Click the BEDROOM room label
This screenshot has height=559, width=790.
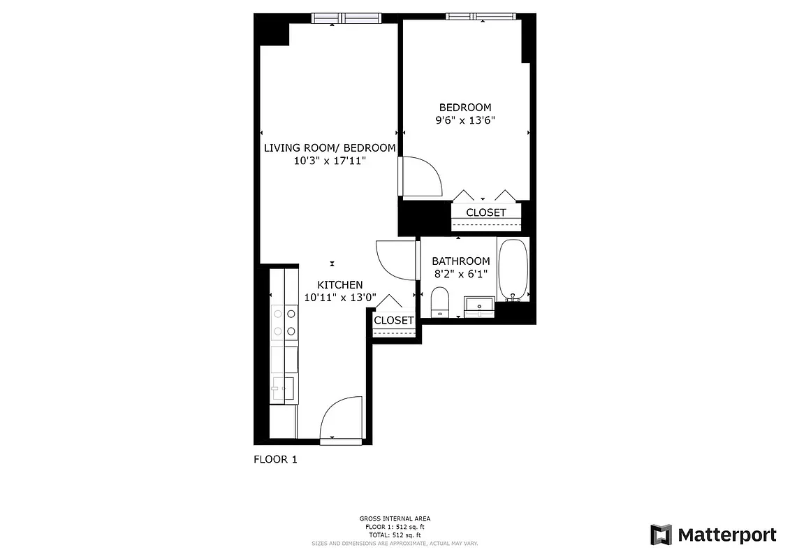(465, 108)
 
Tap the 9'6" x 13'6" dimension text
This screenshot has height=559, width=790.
(465, 119)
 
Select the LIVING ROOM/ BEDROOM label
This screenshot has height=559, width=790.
(329, 148)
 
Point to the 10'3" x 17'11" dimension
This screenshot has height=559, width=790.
(329, 161)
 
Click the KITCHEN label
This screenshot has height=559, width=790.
(340, 285)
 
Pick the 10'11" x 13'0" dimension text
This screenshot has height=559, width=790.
(340, 297)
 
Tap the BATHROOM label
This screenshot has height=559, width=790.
(460, 261)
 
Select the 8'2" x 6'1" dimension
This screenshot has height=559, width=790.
(460, 274)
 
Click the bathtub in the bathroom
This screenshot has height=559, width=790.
(513, 270)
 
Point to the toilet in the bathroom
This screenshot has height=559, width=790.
(440, 301)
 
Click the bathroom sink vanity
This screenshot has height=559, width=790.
(480, 306)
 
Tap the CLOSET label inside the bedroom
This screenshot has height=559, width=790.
(485, 212)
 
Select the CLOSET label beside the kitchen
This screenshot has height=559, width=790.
(393, 321)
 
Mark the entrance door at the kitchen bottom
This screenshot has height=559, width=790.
(341, 419)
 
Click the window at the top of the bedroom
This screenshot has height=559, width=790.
(481, 17)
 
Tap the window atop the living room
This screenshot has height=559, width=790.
(346, 18)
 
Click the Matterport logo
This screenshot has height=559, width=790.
(713, 535)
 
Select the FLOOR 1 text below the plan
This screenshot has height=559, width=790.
(275, 460)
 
